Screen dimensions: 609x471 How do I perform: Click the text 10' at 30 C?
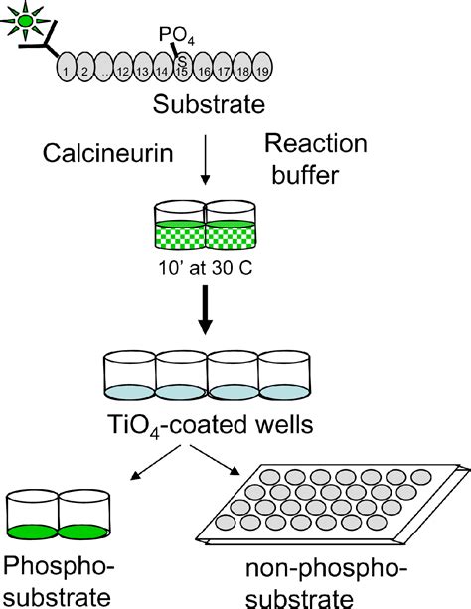pyautogui.click(x=205, y=269)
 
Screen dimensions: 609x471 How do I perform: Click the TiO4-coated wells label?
pyautogui.click(x=205, y=425)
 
